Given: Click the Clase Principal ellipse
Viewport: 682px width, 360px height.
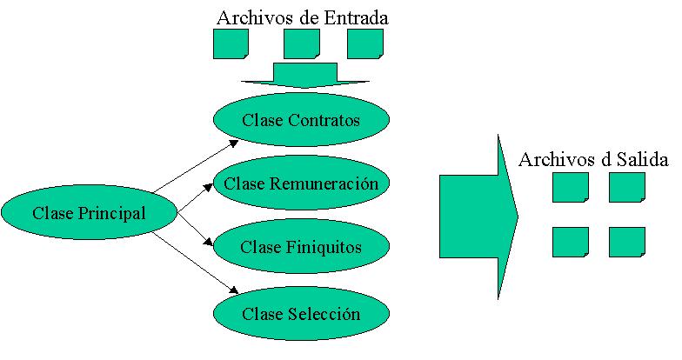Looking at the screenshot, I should [89, 211].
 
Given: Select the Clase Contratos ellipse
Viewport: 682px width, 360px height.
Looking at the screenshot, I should [300, 120].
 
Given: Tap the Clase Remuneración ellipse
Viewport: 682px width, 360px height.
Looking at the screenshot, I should [300, 183].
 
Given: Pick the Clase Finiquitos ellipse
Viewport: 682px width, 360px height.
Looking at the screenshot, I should [300, 247].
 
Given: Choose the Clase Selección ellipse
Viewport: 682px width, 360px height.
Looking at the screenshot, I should [300, 312].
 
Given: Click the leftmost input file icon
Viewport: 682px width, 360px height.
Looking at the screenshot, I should [231, 44].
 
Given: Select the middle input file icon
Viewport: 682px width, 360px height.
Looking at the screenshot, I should [302, 44].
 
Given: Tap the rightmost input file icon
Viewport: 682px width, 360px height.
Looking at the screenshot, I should [364, 44].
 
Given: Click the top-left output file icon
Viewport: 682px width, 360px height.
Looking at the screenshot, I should [570, 187].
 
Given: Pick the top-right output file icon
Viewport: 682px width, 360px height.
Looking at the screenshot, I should [626, 187].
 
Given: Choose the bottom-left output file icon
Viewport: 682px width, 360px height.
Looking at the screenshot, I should [570, 242].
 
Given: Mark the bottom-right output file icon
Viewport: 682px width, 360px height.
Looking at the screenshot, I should [626, 242].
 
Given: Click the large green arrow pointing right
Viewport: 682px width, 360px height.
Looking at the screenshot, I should [478, 217].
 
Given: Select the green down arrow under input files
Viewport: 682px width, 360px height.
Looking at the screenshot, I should [301, 76].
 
